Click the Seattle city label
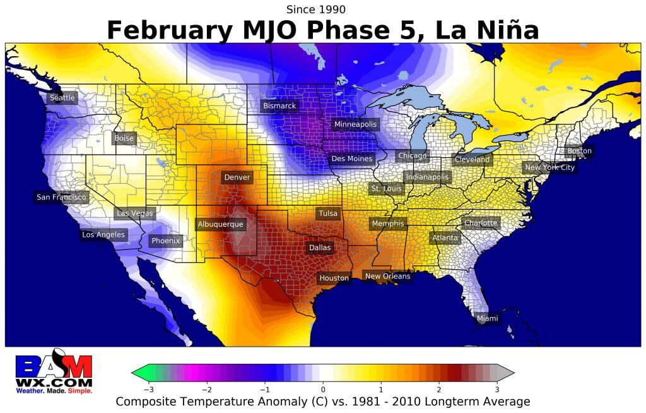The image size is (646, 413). pos(62,98)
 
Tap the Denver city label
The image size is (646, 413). pos(237,177)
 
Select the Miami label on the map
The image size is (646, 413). pos(487,318)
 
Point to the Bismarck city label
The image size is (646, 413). pos(279,106)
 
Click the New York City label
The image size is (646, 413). pos(549,167)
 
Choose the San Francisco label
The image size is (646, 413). pos(61,197)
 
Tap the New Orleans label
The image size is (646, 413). pos(387,276)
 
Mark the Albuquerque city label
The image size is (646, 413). pos(220,224)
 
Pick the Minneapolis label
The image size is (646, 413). pos(355,124)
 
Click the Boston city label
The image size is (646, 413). pos(579,151)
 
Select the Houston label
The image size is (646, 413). pos(334,278)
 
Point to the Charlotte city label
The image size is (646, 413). pos(481,223)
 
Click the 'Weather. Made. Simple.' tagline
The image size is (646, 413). pos(54,391)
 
